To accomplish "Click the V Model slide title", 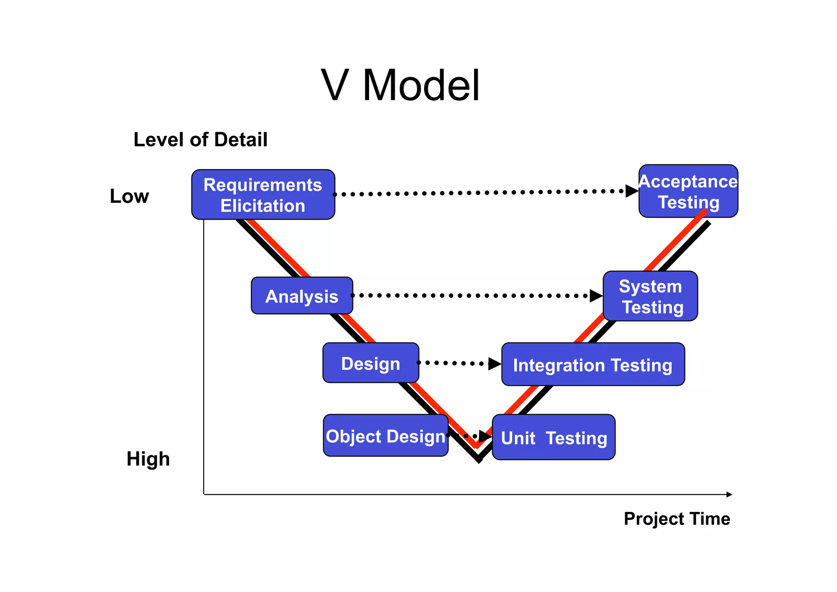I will (400, 86).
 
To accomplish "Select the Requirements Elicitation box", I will (263, 195).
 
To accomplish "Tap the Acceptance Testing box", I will (688, 191).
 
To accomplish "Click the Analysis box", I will (302, 296).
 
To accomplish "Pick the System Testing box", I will (650, 296).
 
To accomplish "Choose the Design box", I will (370, 363).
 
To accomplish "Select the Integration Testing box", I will (593, 365).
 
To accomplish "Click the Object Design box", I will (385, 435).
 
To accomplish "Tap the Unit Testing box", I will (553, 437).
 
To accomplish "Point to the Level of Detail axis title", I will (200, 140).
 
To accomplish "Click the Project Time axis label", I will (677, 519).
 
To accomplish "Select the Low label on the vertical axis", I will (129, 196).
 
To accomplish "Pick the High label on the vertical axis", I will (148, 459).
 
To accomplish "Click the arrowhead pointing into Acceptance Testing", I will (632, 191).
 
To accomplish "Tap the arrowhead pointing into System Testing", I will (596, 296).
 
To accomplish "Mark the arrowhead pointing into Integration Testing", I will (495, 364).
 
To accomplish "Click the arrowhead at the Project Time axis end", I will (729, 495).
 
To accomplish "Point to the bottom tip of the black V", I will (479, 460).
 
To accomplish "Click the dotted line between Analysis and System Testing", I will (470, 295).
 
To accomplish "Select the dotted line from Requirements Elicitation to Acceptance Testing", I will (478, 192).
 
